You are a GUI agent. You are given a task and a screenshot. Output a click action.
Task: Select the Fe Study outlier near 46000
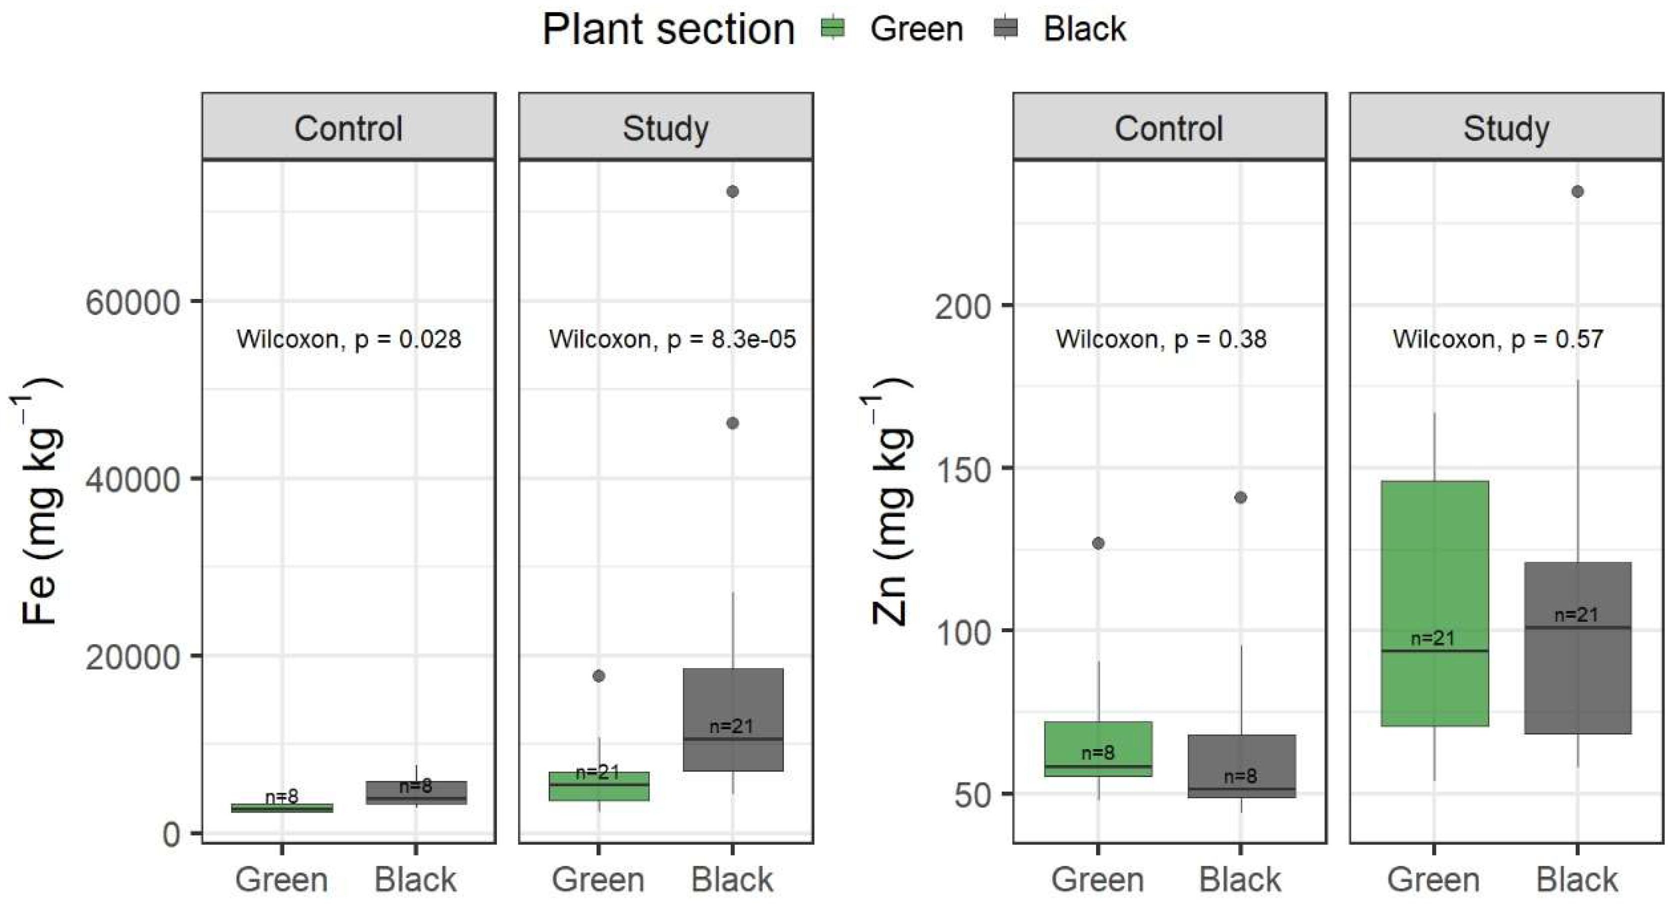(x=732, y=424)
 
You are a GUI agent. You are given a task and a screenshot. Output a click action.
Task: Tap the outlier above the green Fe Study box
(x=598, y=676)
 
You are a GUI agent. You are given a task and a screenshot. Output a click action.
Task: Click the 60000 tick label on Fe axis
(x=132, y=303)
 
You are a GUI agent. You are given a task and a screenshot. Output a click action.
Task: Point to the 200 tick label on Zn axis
(x=962, y=306)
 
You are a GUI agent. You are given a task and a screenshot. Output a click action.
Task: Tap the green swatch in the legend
(x=833, y=28)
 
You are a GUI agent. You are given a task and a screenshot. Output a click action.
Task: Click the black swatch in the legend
(x=1006, y=28)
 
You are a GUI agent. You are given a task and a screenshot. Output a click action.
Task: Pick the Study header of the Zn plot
(x=1506, y=128)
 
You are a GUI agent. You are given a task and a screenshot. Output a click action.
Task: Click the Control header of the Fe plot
(x=348, y=128)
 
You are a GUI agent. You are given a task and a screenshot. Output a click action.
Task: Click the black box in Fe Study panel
(x=733, y=719)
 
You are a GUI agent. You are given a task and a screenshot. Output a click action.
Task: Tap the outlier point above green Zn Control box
(x=1098, y=543)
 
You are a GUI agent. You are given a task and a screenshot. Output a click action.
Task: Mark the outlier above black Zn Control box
(x=1240, y=497)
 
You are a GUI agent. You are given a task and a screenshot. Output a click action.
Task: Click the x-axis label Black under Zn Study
(x=1576, y=880)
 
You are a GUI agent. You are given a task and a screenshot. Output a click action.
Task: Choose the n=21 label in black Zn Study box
(x=1576, y=615)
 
